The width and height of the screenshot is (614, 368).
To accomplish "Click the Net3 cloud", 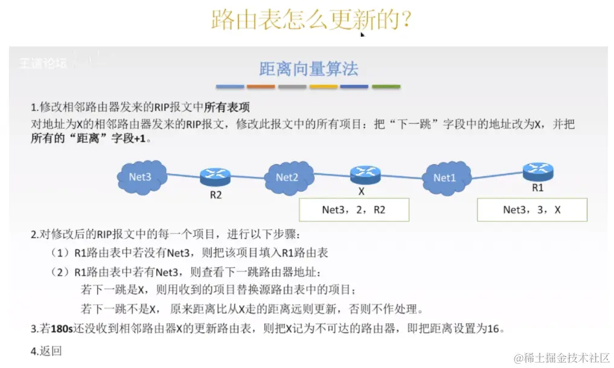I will (140, 177).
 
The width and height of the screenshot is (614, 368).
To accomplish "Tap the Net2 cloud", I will (287, 177).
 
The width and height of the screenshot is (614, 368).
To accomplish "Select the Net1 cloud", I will (444, 177).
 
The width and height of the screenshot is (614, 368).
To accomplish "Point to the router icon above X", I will (365, 174).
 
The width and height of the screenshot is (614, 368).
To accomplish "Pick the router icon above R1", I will (538, 171).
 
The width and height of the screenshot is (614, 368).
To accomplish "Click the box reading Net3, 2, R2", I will (354, 210).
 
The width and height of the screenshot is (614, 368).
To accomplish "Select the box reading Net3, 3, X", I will (531, 210).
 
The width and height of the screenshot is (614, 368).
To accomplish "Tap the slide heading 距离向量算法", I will (309, 69).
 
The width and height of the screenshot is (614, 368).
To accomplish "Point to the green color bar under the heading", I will (386, 87).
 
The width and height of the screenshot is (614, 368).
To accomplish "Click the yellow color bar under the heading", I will (324, 87).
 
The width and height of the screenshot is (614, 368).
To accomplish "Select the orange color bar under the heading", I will (261, 87).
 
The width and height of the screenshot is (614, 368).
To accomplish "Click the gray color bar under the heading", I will (292, 87).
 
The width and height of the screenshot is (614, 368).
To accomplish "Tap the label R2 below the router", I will (216, 195).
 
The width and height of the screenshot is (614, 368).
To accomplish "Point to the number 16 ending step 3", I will (494, 329).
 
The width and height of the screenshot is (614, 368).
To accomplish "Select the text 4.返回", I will (46, 351).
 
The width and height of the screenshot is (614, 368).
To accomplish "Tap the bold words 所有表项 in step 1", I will (227, 107).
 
